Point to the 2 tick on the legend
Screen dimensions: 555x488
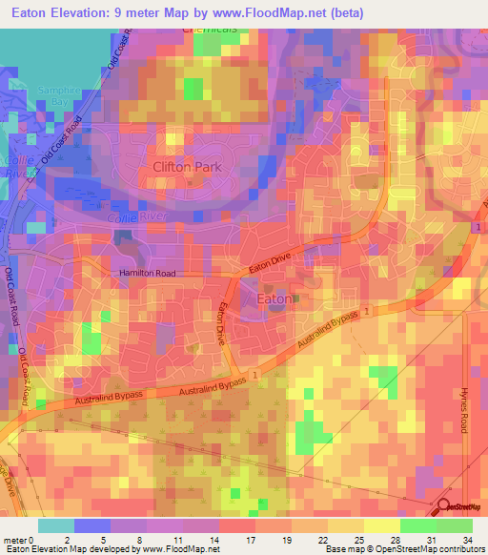click(x=65, y=539)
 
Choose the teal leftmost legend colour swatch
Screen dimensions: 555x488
click(x=55, y=525)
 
